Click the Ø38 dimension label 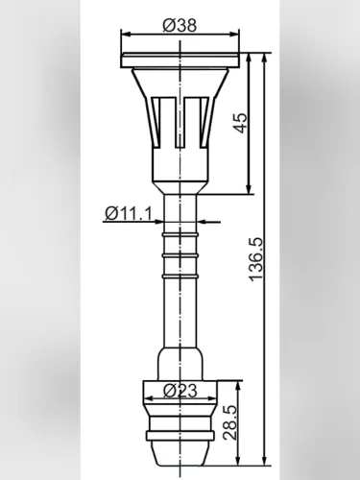tap(180, 26)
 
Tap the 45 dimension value tap(240, 123)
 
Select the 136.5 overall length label tap(255, 259)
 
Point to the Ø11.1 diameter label tap(129, 213)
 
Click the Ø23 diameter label tap(180, 391)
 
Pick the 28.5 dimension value tap(229, 422)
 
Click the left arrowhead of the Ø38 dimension tap(126, 35)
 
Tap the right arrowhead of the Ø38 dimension tap(235, 35)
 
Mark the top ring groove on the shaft tap(180, 235)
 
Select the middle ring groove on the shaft tap(180, 255)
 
